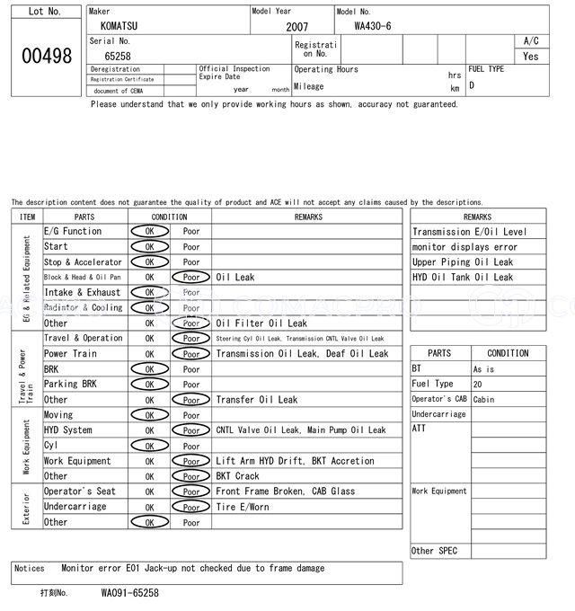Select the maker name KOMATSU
pyautogui.click(x=120, y=27)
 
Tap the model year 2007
pyautogui.click(x=296, y=27)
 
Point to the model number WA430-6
pyautogui.click(x=373, y=26)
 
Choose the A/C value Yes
pyautogui.click(x=531, y=56)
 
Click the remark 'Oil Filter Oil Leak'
pyautogui.click(x=261, y=323)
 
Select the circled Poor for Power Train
pyautogui.click(x=191, y=354)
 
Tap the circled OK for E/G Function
pyautogui.click(x=149, y=232)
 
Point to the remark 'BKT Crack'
pyautogui.click(x=237, y=476)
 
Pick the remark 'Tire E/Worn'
pyautogui.click(x=243, y=507)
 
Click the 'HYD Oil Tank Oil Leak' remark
pyautogui.click(x=463, y=278)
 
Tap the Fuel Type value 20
pyautogui.click(x=478, y=385)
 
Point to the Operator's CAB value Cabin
pyautogui.click(x=483, y=400)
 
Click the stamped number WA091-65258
pyautogui.click(x=129, y=593)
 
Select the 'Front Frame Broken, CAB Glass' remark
pyautogui.click(x=285, y=491)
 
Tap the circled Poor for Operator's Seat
pyautogui.click(x=191, y=491)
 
